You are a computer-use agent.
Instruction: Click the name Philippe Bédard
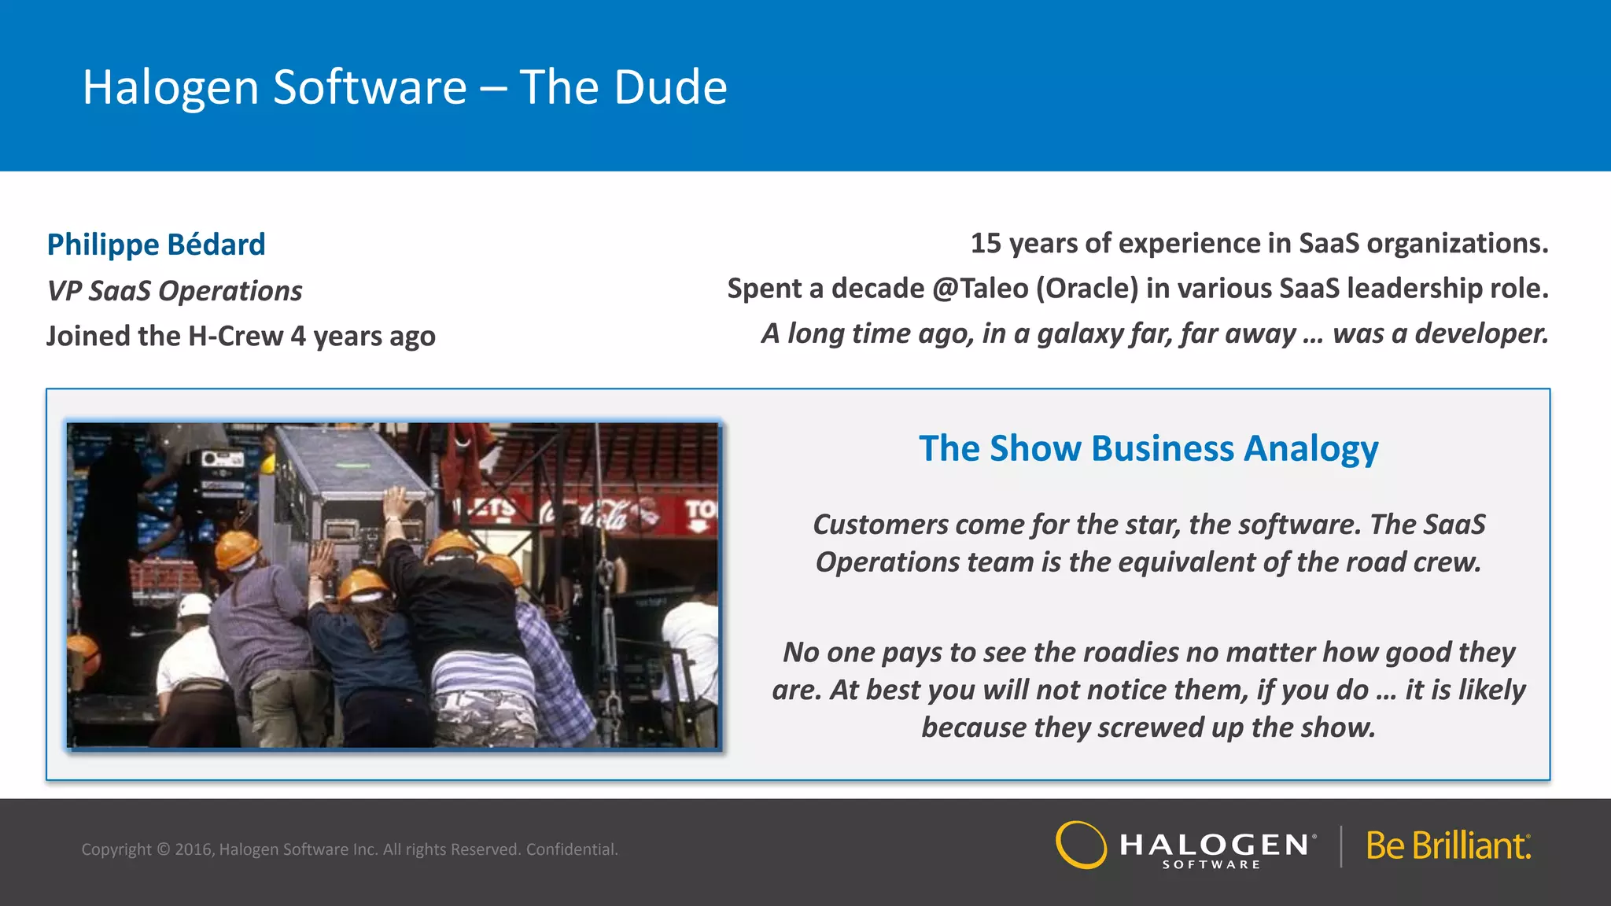coord(156,245)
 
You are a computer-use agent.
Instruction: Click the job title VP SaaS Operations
coord(174,291)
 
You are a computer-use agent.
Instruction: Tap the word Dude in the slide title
coord(670,87)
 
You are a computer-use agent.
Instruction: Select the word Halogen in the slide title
coord(171,87)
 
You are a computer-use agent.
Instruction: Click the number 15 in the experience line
coord(986,243)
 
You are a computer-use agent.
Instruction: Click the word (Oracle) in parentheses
coord(1086,289)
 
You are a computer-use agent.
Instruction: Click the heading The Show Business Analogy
coord(1148,448)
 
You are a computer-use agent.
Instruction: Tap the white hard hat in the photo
coord(194,606)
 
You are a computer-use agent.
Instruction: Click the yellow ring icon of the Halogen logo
coord(1081,845)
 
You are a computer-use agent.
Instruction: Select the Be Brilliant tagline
coord(1448,846)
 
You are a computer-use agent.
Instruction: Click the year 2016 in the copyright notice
coord(194,849)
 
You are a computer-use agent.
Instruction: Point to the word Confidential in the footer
coord(572,849)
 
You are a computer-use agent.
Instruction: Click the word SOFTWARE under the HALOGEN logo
coord(1211,864)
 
